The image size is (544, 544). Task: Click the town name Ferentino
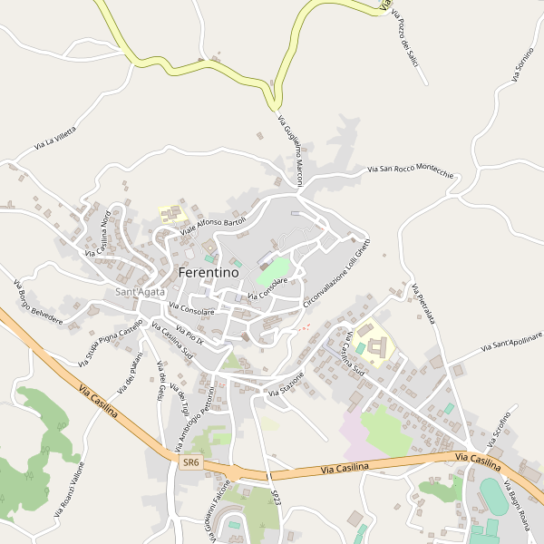(x=209, y=272)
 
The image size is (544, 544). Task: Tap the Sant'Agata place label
(x=140, y=291)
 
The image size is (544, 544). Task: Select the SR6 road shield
(x=189, y=462)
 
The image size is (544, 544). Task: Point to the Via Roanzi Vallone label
(x=69, y=490)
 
